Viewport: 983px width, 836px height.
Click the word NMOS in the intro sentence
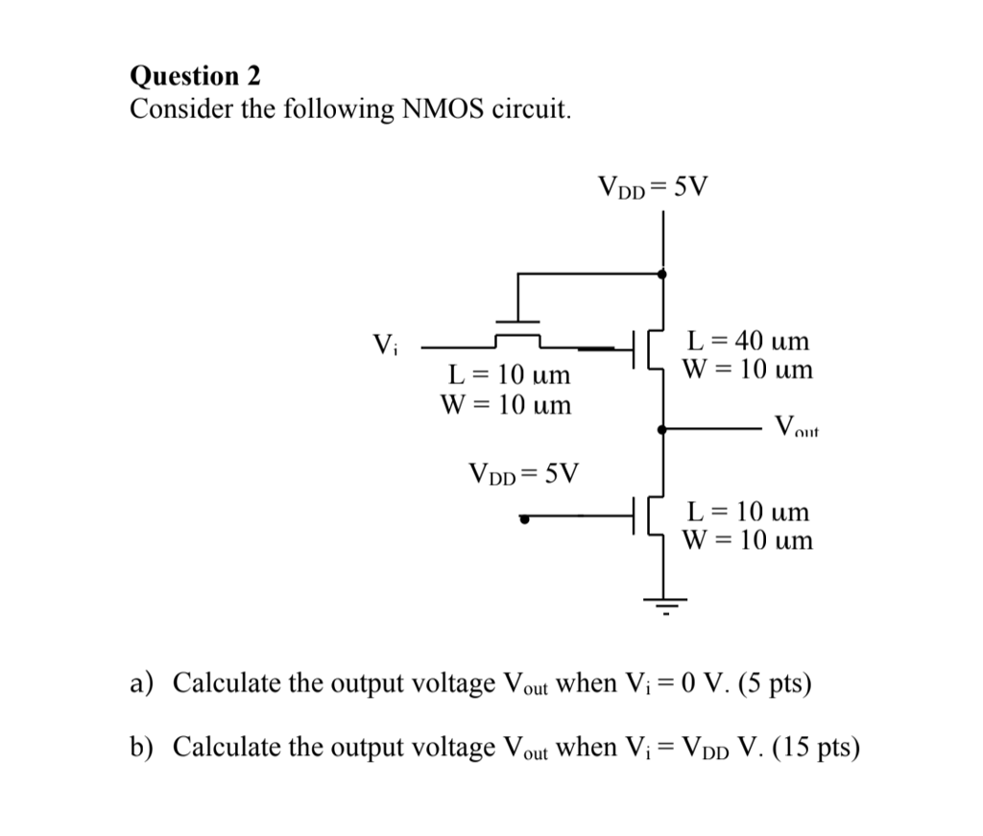pyautogui.click(x=440, y=109)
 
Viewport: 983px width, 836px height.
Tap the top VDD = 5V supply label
pyautogui.click(x=652, y=185)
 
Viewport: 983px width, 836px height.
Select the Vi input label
pyautogui.click(x=384, y=342)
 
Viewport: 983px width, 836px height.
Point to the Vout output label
pyautogui.click(x=796, y=426)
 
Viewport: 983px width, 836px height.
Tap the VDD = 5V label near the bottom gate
pyautogui.click(x=524, y=473)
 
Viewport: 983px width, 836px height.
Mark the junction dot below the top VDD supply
pyautogui.click(x=661, y=274)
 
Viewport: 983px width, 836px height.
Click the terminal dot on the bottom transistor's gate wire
pyautogui.click(x=524, y=519)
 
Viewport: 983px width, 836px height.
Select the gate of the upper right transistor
pyautogui.click(x=637, y=349)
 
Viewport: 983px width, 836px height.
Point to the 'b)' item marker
pyautogui.click(x=143, y=747)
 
